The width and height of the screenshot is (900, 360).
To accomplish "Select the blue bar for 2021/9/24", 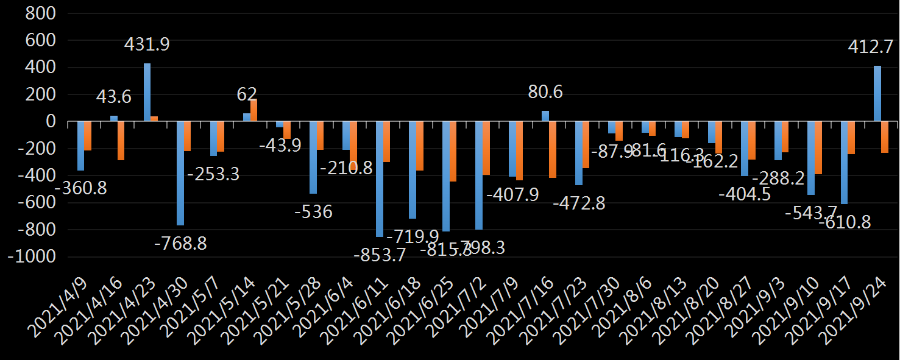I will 877,94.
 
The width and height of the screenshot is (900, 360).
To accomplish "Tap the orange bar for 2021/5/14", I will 254,110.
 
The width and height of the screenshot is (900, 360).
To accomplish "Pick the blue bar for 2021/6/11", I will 380,179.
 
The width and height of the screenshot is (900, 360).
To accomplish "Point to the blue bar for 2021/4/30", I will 180,174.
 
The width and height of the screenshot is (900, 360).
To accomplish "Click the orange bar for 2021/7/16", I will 553,150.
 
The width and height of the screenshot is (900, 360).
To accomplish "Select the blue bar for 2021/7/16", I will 545,116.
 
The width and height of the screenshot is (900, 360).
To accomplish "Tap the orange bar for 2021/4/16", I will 121,141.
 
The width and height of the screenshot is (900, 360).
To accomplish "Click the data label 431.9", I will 147,44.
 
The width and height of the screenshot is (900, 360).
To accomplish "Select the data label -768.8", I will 180,244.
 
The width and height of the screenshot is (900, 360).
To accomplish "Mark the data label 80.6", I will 545,93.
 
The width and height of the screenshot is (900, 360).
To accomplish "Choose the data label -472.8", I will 579,203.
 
